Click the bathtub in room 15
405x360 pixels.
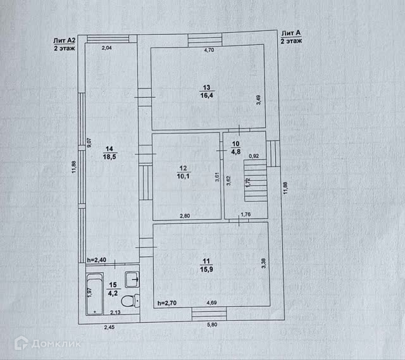click(95, 294)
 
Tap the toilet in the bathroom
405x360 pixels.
click(130, 301)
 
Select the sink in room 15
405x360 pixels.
click(132, 280)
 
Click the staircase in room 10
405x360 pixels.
click(256, 180)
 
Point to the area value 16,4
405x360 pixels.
click(207, 96)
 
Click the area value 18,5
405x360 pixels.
click(109, 157)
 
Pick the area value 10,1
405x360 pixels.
click(183, 176)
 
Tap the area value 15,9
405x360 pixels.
click(206, 269)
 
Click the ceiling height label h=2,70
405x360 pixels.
click(167, 302)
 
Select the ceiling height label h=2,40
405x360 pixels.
click(97, 260)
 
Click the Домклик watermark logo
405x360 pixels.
click(47, 343)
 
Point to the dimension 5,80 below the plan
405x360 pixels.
click(212, 325)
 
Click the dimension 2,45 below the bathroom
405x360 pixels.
click(109, 327)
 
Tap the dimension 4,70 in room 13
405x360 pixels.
click(209, 50)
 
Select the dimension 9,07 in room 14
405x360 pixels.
click(89, 142)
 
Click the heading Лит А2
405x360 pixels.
click(65, 40)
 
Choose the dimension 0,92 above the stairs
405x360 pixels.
click(254, 156)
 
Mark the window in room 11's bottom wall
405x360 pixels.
click(209, 314)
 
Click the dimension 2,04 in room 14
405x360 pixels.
click(107, 47)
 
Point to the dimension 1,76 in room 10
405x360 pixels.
click(246, 214)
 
